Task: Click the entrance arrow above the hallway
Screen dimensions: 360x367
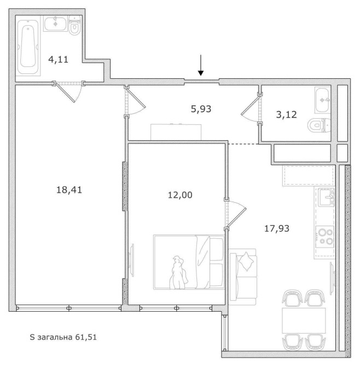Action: click(201, 65)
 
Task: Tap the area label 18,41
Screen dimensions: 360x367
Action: click(69, 190)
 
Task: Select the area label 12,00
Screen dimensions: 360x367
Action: click(180, 195)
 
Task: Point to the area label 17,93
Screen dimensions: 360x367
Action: click(277, 228)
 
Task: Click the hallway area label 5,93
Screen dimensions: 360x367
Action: click(201, 109)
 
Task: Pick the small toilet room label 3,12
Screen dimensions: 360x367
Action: click(286, 114)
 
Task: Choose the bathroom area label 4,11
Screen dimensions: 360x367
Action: click(58, 60)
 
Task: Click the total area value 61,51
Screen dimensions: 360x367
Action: click(86, 337)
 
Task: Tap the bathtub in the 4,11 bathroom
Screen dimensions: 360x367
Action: click(28, 47)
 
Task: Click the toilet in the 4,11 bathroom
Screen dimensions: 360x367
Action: click(75, 26)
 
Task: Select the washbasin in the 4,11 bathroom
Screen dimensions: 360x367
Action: click(55, 24)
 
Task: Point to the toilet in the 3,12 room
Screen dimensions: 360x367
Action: click(319, 125)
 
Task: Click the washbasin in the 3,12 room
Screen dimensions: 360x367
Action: click(323, 100)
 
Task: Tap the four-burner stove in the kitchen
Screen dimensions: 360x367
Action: click(324, 237)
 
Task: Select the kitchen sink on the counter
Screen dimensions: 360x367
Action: click(326, 197)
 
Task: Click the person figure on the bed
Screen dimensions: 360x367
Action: click(178, 273)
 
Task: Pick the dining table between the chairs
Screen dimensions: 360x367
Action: click(304, 320)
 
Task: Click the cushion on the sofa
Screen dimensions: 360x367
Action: click(246, 261)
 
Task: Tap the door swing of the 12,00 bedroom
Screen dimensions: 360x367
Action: click(236, 214)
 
